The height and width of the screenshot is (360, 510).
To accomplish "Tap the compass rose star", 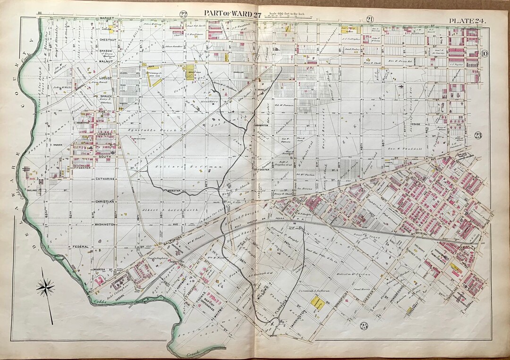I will (x=45, y=286).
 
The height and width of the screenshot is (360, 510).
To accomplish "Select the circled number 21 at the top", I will (x=370, y=19).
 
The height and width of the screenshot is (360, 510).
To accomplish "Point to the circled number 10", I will (x=484, y=53).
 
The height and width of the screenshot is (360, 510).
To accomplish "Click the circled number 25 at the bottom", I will (x=364, y=325).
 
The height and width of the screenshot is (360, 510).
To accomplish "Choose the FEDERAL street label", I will (x=81, y=246).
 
